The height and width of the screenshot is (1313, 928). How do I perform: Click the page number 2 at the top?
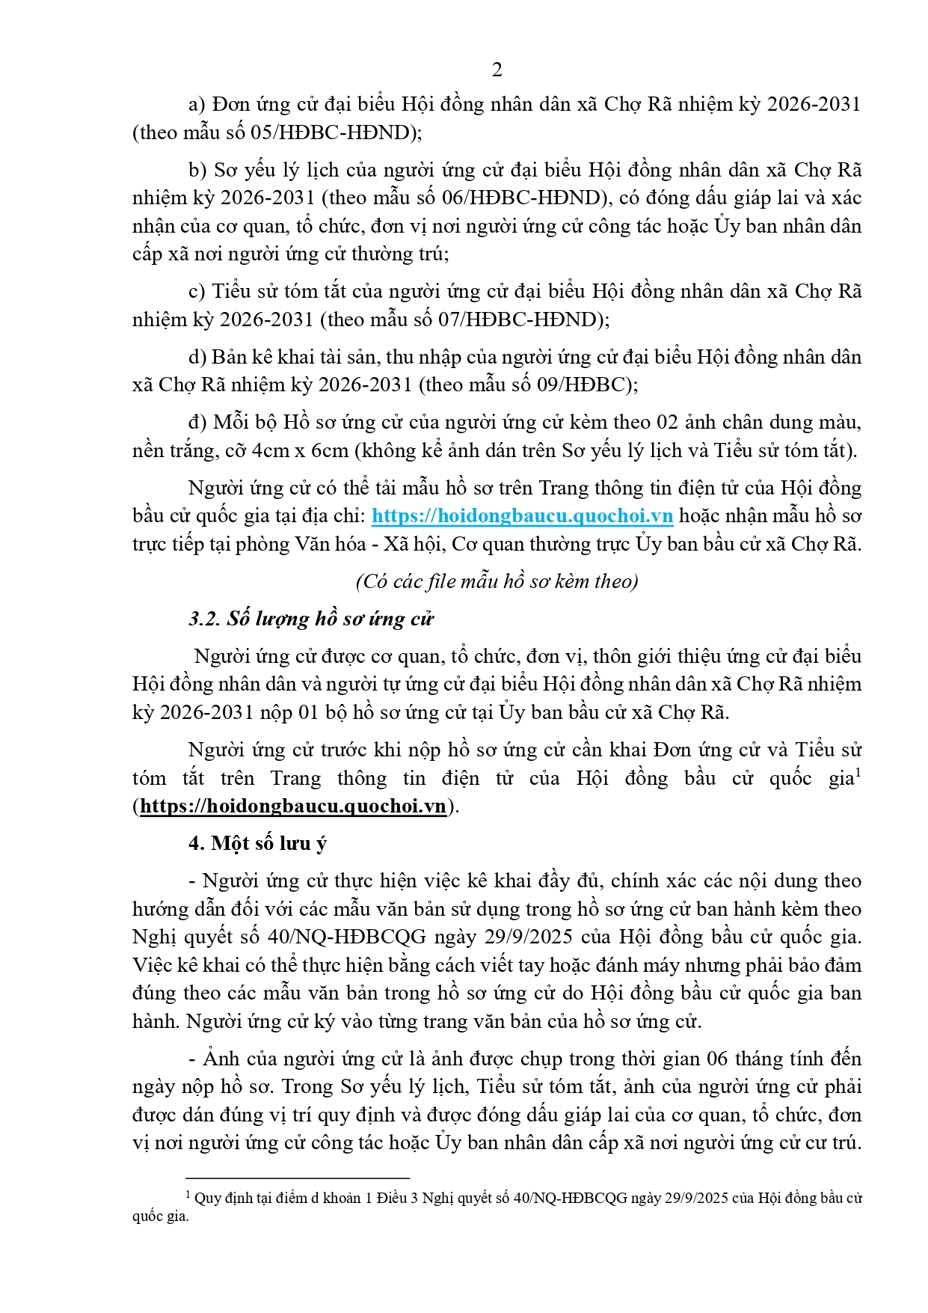point(497,70)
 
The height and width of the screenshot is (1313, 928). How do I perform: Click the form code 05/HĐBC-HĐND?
point(331,133)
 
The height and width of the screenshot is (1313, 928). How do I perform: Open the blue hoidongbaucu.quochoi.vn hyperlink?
point(522,516)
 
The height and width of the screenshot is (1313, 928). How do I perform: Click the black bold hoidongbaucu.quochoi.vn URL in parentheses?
point(293,807)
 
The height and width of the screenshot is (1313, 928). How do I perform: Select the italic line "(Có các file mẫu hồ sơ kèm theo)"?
point(497,581)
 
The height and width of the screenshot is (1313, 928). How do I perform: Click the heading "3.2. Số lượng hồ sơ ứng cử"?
point(311,619)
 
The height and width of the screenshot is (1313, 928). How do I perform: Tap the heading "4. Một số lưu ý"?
point(257,844)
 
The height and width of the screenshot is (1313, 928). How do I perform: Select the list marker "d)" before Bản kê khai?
point(197,358)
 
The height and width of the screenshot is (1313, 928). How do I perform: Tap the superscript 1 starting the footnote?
point(188,1195)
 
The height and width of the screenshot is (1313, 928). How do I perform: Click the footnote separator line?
point(298,1178)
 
